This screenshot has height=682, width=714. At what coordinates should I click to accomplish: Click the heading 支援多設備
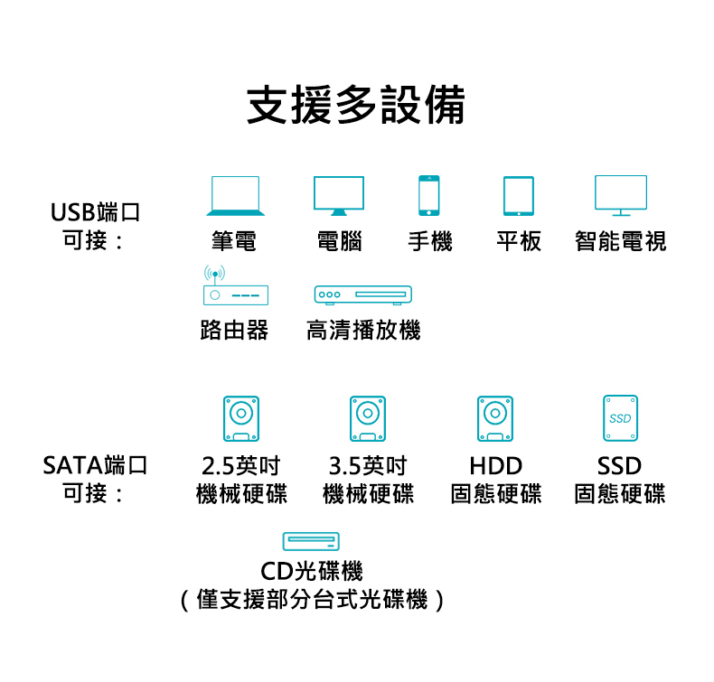tap(356, 106)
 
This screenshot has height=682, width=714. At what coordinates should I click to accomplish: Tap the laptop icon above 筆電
tap(235, 196)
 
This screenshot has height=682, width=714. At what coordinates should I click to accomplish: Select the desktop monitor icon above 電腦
tap(339, 196)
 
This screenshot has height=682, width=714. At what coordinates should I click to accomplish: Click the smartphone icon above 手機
tap(429, 195)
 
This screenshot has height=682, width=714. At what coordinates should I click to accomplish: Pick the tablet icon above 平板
tap(519, 195)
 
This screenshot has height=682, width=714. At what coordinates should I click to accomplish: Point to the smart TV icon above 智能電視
tap(621, 195)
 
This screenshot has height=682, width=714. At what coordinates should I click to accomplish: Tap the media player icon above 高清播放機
tap(362, 295)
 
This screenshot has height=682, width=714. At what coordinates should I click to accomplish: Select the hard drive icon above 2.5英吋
tap(241, 417)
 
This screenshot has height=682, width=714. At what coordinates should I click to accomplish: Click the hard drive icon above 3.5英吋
tap(367, 417)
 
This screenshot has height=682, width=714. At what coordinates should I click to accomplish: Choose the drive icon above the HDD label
tap(494, 417)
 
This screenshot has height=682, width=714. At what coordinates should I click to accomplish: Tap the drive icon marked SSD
tap(620, 417)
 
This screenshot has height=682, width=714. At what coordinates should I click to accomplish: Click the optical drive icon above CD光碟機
tap(311, 541)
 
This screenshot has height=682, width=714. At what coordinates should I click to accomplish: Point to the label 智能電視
tap(621, 241)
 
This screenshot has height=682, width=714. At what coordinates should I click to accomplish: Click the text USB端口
tap(96, 213)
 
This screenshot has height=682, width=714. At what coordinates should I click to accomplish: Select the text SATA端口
tap(95, 466)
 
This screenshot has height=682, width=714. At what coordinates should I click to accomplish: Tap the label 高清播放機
tap(363, 331)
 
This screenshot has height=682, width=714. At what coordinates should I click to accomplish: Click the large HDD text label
tap(495, 466)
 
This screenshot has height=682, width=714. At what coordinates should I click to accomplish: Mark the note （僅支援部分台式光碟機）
tap(312, 599)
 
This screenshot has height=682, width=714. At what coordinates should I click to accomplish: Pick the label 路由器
tap(234, 331)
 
